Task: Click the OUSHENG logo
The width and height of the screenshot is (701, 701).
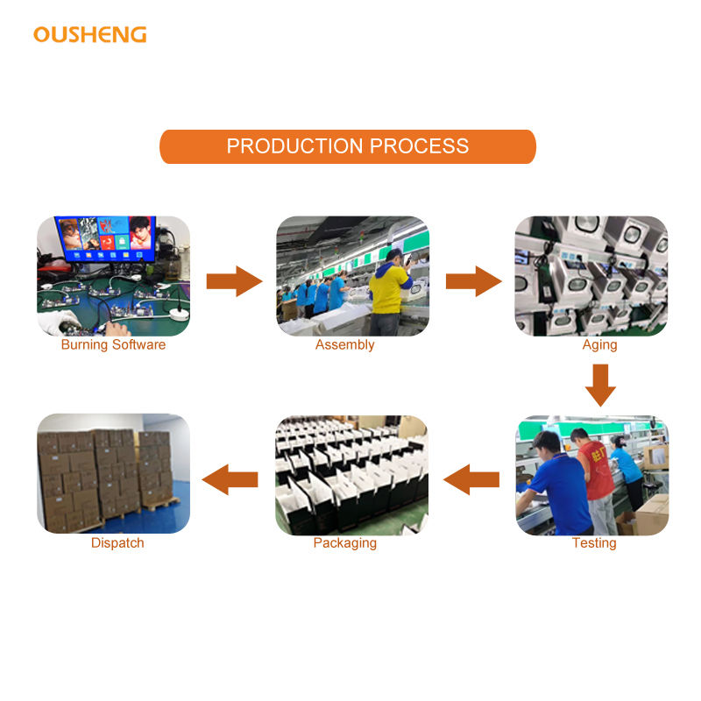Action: pos(89,34)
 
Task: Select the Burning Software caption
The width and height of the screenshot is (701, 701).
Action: pos(113,345)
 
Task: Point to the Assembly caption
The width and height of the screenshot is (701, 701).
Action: pos(344,345)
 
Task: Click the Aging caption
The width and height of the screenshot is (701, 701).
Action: pos(599,345)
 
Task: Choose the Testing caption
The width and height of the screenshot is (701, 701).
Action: pos(594,543)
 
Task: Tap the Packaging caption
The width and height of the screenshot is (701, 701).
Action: pos(344,543)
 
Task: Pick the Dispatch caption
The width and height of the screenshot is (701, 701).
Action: pos(117,543)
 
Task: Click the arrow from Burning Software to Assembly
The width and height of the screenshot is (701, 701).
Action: pos(234,280)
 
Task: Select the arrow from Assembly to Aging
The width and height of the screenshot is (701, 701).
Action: pos(473,280)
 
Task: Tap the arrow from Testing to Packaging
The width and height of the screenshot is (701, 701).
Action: pos(471,478)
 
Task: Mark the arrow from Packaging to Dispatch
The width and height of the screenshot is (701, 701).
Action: pos(230,478)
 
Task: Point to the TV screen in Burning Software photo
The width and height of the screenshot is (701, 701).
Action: pos(105,237)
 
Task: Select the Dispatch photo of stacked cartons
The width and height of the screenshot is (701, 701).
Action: pos(113,474)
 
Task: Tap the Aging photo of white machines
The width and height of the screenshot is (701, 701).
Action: pos(591,276)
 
